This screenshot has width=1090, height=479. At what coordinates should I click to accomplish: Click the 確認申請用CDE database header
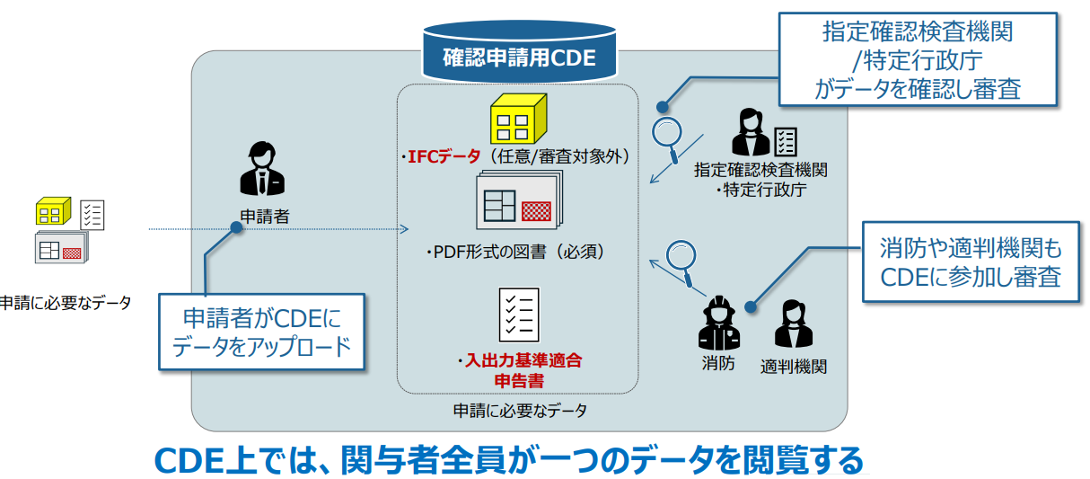coord(519,58)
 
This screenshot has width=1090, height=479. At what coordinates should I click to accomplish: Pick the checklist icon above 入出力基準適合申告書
coord(518,314)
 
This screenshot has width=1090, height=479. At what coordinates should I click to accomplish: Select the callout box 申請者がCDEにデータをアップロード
coord(261,332)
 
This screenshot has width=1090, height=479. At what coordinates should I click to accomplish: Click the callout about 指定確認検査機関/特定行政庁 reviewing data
coord(916,60)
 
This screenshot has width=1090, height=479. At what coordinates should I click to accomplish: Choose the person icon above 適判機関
coord(793,324)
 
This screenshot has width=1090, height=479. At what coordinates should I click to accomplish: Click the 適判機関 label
coord(793,366)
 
